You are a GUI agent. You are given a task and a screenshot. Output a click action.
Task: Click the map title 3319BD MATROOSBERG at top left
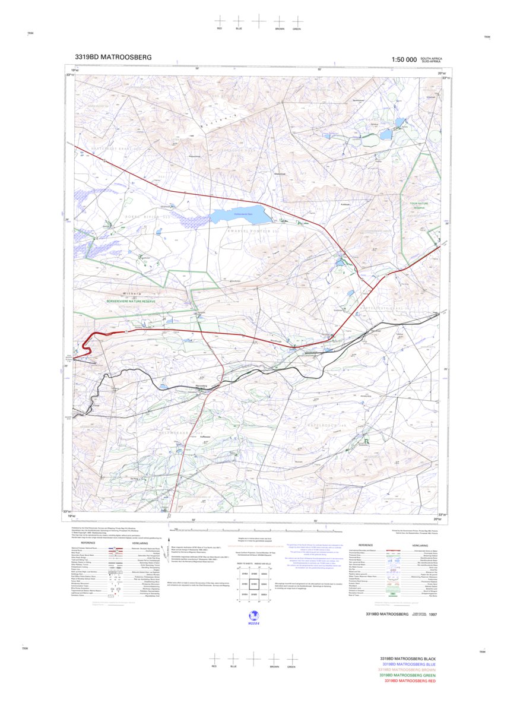pyautogui.click(x=113, y=58)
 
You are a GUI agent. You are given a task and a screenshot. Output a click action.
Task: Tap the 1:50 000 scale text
pyautogui.click(x=404, y=59)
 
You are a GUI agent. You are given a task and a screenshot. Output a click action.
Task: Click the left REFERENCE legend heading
pyautogui.click(x=88, y=542)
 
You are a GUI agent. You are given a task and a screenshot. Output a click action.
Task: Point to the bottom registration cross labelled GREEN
pyautogui.click(x=291, y=659)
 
